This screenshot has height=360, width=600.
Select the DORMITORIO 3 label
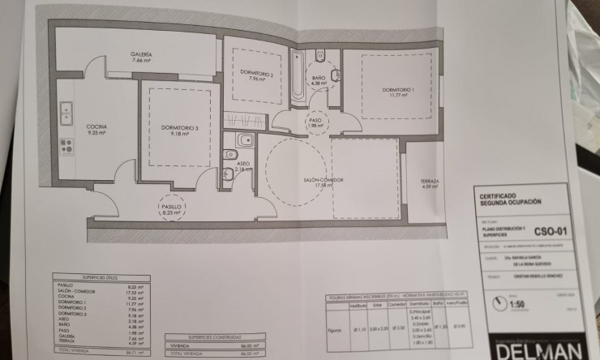(x=179, y=126)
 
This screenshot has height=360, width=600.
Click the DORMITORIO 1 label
(x=398, y=89)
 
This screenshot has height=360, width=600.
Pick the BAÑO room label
(x=318, y=78)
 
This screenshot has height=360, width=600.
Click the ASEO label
(x=243, y=163)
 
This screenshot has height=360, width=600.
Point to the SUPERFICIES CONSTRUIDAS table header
(x=206, y=336)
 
